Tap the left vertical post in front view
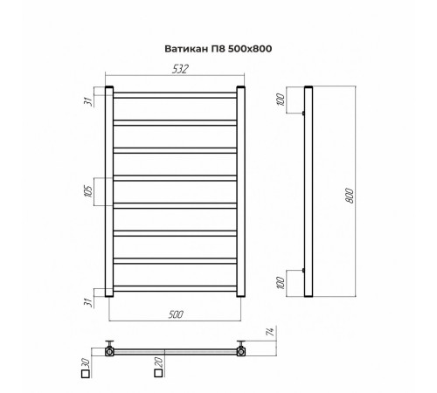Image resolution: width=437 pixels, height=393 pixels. [x=108, y=192]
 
